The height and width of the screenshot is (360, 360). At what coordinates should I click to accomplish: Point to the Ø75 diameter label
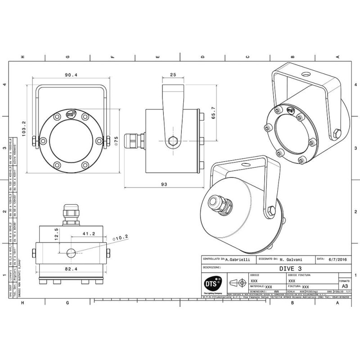[116, 141]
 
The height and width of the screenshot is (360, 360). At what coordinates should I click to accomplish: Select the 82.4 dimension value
[72, 269]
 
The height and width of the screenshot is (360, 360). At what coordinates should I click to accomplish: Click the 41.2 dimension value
[89, 234]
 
